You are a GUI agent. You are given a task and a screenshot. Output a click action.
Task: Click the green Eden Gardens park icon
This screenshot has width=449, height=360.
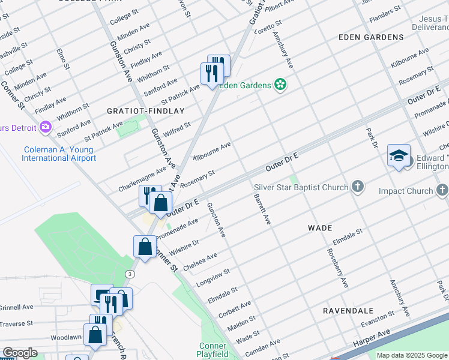279,85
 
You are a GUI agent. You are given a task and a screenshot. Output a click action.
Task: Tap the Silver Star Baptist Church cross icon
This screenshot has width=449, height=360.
358,187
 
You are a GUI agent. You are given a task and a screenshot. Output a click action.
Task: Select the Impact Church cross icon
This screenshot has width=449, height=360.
442,191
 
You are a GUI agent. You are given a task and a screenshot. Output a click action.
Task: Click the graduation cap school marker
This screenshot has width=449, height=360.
399,156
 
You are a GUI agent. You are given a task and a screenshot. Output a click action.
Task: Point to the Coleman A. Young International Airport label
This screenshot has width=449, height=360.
59,154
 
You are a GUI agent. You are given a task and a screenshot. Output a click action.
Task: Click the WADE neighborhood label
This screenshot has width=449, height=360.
320,228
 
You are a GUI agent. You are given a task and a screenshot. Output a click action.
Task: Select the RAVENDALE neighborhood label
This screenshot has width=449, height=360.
348,311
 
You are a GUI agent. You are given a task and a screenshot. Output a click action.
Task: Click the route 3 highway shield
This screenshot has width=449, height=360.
130,274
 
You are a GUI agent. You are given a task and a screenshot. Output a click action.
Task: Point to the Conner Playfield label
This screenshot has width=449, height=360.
213,349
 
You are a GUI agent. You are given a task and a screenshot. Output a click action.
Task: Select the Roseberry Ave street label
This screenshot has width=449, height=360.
336,268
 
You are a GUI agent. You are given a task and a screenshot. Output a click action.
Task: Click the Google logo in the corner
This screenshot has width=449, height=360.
20,353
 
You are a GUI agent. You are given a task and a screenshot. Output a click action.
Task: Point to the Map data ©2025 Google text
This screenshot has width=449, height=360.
412,355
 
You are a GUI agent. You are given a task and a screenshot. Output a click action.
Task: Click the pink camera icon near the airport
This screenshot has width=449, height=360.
45,127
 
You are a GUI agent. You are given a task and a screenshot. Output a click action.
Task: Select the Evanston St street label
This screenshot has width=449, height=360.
378,319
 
